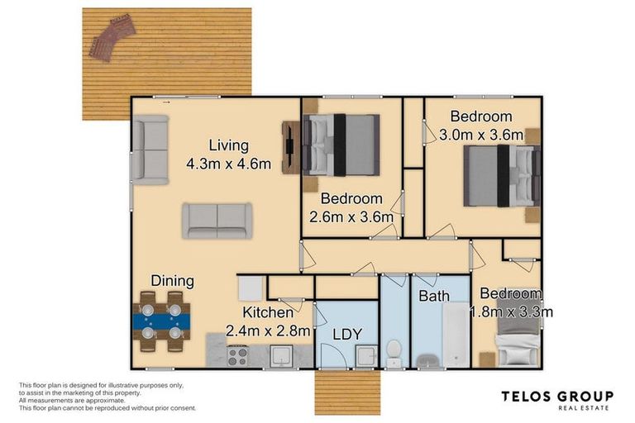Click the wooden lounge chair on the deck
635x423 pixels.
pyautogui.click(x=109, y=40)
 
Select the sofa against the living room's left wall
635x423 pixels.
pyautogui.click(x=150, y=150)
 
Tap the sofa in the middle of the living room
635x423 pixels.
pyautogui.click(x=217, y=221)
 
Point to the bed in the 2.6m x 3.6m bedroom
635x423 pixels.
pyautogui.click(x=340, y=145)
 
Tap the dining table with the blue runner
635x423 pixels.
pyautogui.click(x=160, y=316)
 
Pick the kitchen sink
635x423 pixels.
pyautogui.click(x=281, y=357)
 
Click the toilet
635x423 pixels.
pyautogui.click(x=395, y=349)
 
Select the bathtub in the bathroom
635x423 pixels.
pyautogui.click(x=455, y=335)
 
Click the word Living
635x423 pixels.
pyautogui.click(x=228, y=145)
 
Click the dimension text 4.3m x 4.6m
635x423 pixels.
pyautogui.click(x=228, y=164)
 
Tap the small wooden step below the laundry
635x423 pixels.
pyautogui.click(x=348, y=392)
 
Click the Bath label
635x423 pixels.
pyautogui.click(x=433, y=295)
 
